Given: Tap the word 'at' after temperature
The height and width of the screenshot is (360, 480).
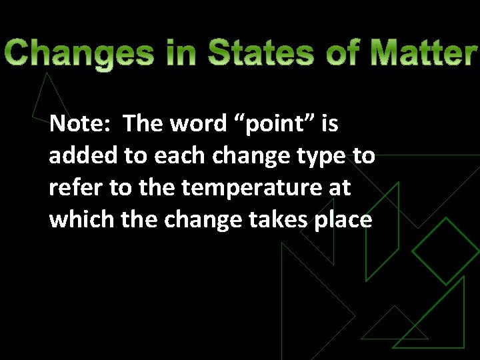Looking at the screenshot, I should pos(339,189).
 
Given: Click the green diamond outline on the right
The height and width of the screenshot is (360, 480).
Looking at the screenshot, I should pos(445,251).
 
